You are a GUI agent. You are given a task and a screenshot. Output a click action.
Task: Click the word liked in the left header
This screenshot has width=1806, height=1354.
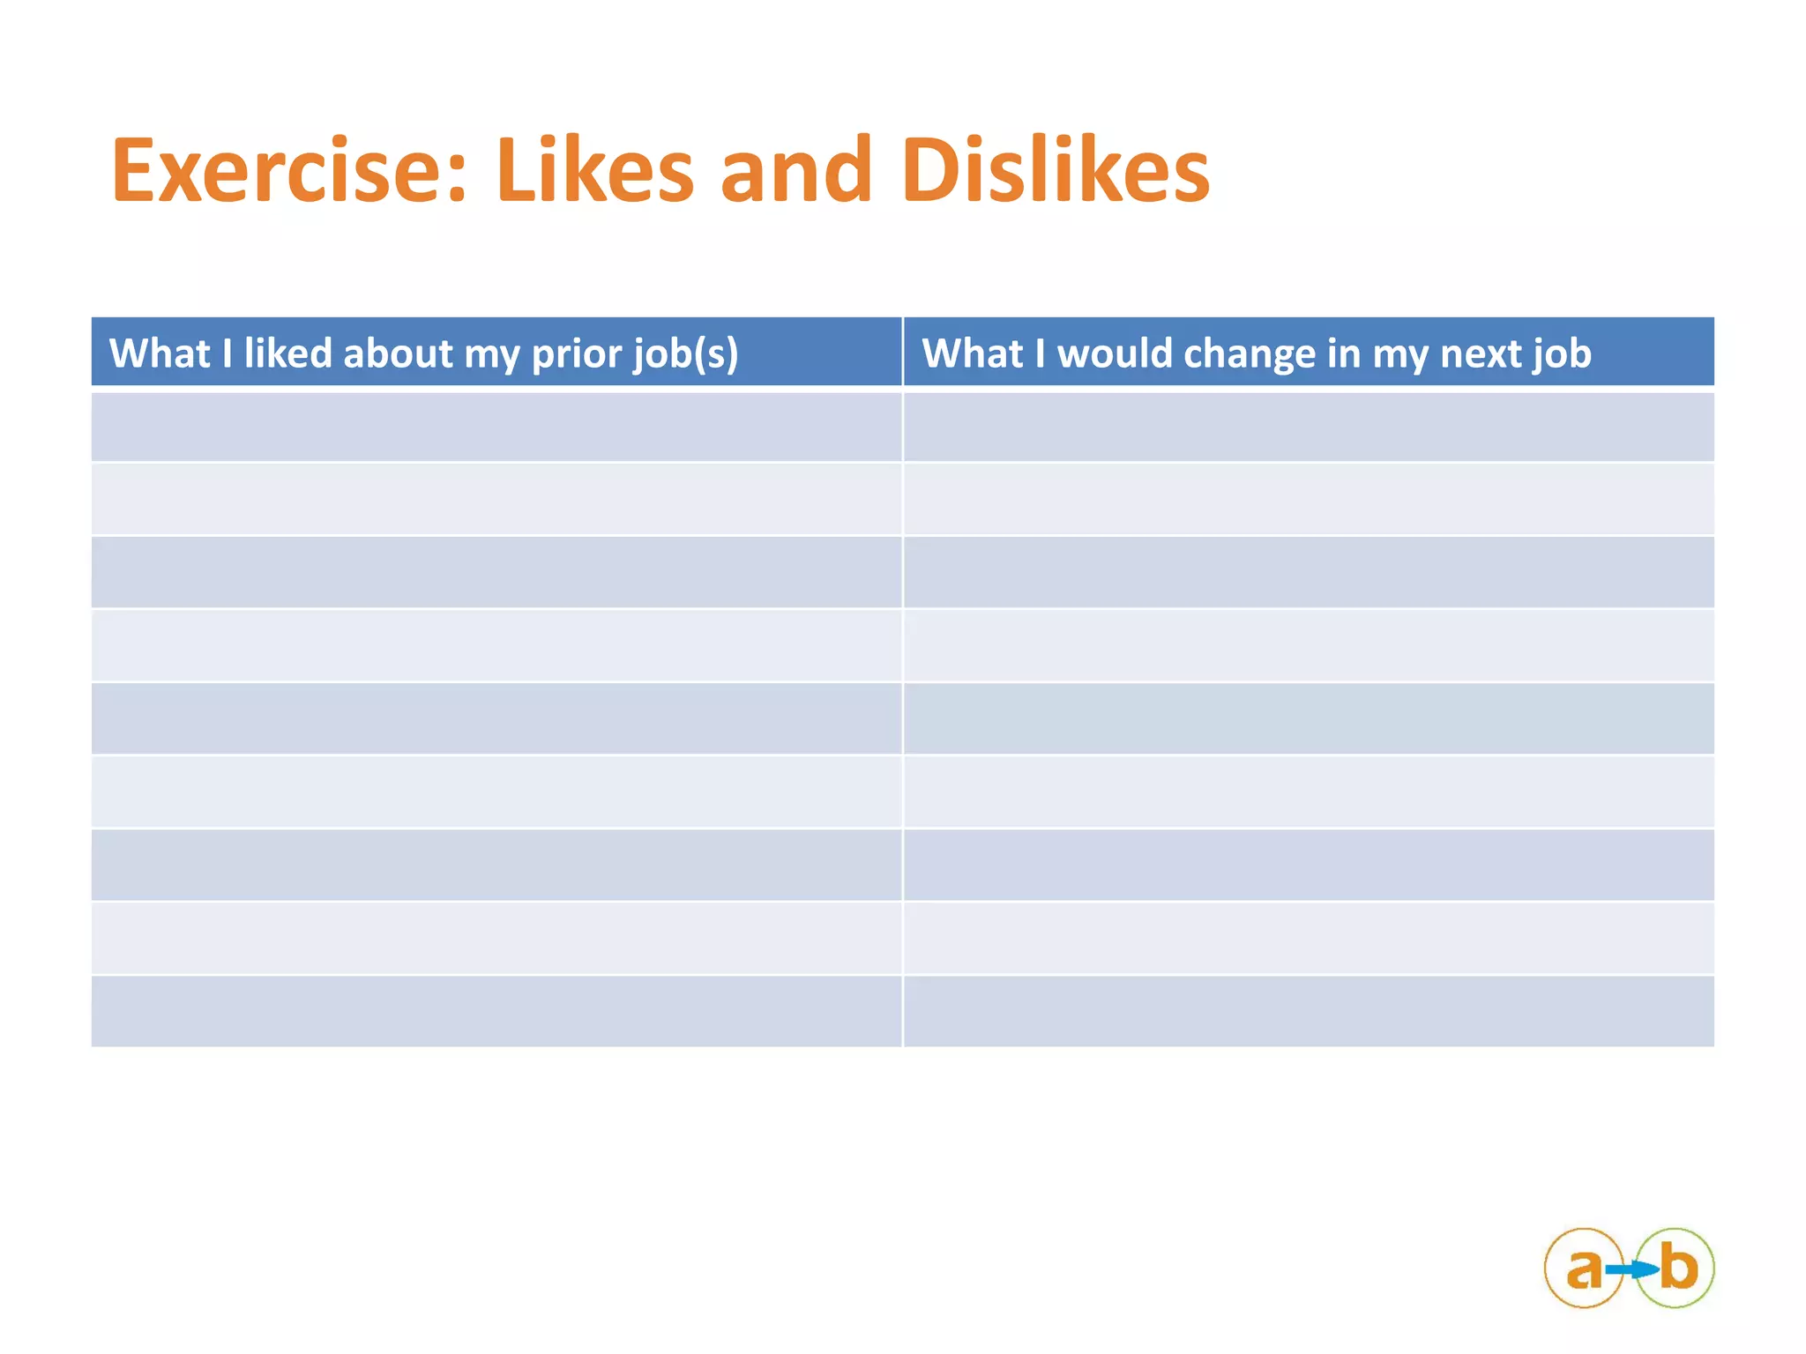coord(287,353)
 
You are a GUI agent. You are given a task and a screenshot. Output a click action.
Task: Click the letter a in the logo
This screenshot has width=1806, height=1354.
coord(1584,1268)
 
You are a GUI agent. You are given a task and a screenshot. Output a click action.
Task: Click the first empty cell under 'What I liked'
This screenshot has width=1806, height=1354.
coord(496,427)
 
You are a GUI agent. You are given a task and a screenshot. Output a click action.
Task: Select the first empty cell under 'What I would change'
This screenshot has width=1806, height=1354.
coord(1309,427)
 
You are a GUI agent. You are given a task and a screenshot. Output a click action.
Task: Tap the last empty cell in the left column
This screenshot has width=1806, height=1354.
coord(496,1011)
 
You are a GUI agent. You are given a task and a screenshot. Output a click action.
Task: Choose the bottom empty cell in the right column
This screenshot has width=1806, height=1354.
coord(1309,1011)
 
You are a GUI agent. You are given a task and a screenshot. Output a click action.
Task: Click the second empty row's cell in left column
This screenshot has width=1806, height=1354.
coord(496,499)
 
